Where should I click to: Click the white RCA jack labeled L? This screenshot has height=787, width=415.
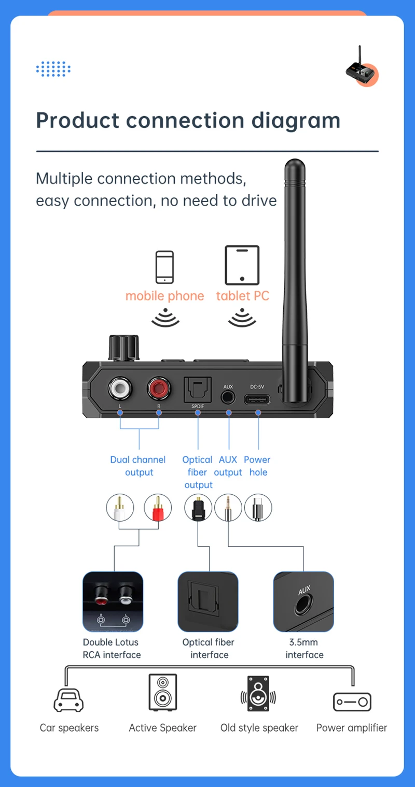pos(120,388)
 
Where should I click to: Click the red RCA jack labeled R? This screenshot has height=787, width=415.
pos(159,388)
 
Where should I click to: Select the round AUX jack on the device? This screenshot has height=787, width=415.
pos(228,397)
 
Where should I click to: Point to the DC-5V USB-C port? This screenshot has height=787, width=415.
pos(258,399)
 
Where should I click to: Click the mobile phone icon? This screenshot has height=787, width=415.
pos(165,267)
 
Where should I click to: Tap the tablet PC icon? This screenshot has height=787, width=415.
pos(242,265)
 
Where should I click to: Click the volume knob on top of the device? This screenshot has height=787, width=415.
pos(125,347)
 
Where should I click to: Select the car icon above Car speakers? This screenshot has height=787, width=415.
pos(69,700)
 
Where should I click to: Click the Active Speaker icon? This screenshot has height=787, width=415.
pos(163,692)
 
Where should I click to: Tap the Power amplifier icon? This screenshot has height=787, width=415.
pos(352,702)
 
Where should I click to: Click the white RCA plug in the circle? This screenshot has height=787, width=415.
pos(120,507)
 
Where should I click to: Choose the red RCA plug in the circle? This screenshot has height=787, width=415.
pos(158,507)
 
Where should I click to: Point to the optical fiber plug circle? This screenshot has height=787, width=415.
pos(198,507)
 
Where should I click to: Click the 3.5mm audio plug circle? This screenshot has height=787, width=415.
pos(228,507)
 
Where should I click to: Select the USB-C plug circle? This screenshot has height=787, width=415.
pos(258,507)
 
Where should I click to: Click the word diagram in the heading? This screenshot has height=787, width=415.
pos(296,121)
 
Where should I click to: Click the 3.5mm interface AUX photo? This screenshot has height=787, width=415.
pos(303,602)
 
